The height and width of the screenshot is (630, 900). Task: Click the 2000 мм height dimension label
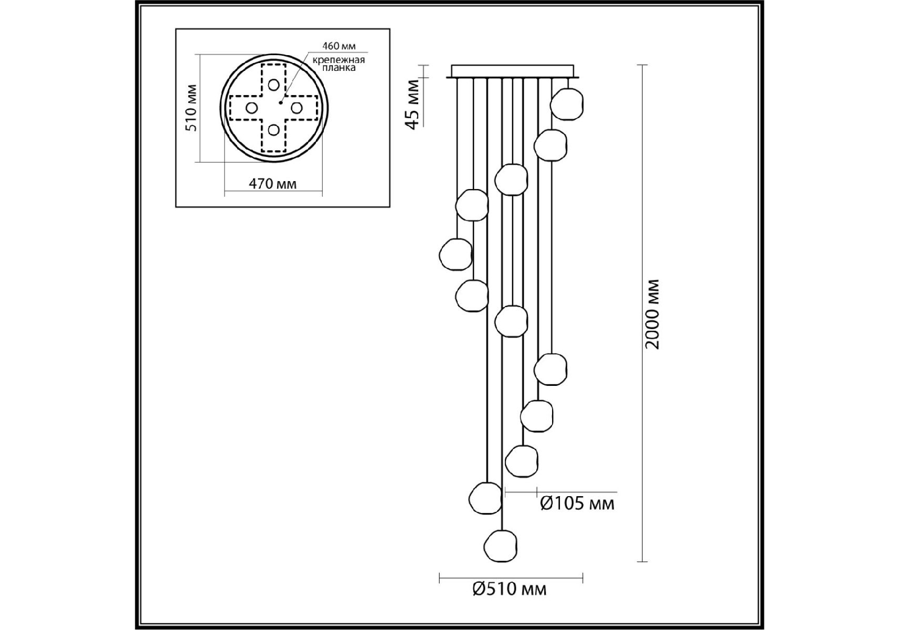[652, 314]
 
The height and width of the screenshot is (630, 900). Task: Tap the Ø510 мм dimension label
[509, 589]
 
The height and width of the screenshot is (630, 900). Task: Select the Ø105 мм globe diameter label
[577, 503]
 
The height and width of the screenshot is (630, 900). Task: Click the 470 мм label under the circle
[272, 184]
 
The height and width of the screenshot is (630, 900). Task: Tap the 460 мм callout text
[339, 47]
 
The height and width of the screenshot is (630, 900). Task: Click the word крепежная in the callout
[338, 59]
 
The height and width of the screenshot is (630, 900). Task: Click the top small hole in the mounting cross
[273, 85]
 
